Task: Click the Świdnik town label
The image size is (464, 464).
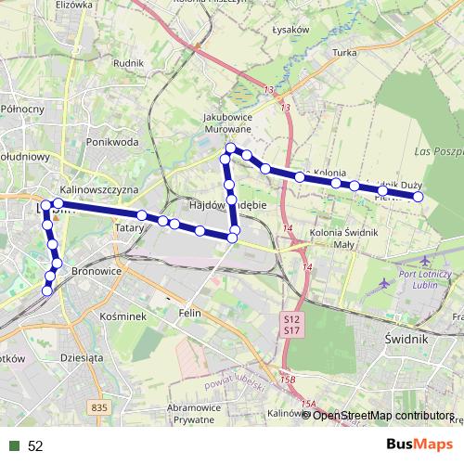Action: point(406,340)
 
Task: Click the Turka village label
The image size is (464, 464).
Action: point(344,53)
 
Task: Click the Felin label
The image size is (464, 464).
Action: point(189,314)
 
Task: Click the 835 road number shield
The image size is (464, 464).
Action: point(100,406)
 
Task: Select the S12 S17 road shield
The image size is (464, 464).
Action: point(290,324)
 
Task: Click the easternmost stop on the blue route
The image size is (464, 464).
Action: point(419,197)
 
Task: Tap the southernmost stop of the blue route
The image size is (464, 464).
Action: point(47,290)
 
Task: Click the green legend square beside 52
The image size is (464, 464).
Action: point(14,445)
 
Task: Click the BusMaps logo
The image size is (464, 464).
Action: point(419,445)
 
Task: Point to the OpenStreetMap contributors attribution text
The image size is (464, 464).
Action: point(383,416)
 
